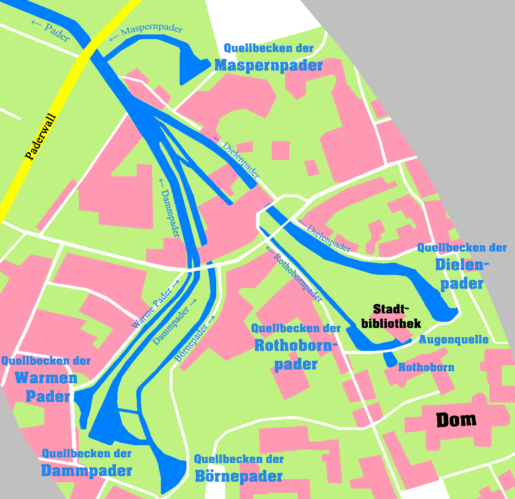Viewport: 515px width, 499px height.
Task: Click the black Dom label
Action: pos(456,420)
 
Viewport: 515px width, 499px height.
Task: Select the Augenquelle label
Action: pos(453,340)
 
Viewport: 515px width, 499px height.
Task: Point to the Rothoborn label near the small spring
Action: pos(426,368)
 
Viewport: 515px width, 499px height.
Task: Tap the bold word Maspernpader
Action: pos(268,66)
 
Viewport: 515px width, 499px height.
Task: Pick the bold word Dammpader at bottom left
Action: pos(87,471)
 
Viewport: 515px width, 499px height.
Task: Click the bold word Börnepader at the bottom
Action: pos(239,476)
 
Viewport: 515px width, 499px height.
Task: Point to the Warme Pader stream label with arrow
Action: pos(155,303)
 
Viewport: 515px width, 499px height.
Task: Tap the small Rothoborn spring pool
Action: pos(390,359)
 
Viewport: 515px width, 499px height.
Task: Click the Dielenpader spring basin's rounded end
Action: pos(446,312)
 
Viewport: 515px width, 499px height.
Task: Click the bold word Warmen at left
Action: pos(46,378)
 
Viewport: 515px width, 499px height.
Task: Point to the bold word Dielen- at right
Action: pos(462,266)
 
